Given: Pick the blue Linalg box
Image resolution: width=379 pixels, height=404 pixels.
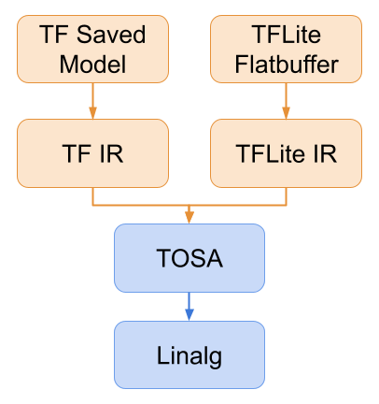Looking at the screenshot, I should coord(189,354).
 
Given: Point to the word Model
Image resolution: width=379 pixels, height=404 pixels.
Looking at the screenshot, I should coord(92,65).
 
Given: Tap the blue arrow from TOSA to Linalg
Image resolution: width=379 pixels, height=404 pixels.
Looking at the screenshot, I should coord(189,304).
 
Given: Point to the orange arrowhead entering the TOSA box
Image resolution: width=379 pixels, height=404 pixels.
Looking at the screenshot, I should coord(189,218).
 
